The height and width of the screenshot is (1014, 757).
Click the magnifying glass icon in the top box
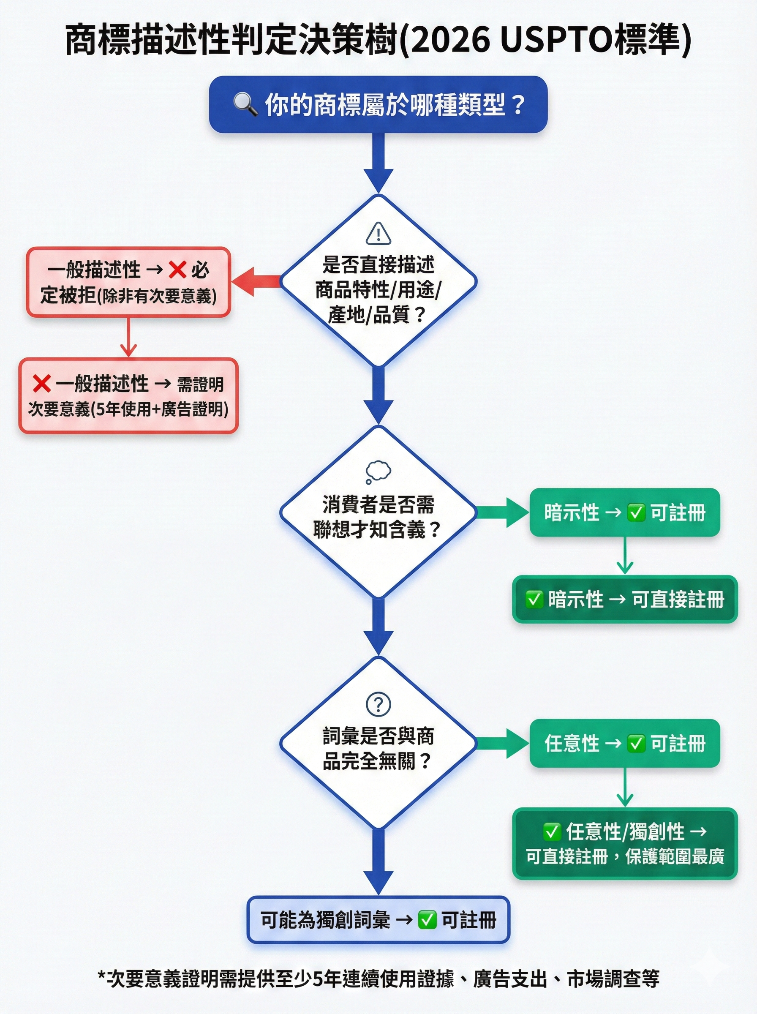tap(245, 104)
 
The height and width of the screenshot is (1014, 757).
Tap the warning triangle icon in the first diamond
tap(378, 234)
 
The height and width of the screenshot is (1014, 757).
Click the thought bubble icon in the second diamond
tap(378, 472)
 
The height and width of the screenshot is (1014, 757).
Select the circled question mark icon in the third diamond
tap(378, 704)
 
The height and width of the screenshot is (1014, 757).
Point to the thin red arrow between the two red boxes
tap(128, 337)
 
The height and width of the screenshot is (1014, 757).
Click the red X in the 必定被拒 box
tap(177, 270)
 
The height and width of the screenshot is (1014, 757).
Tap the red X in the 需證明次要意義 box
tap(42, 383)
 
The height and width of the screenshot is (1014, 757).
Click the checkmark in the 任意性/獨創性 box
tap(552, 831)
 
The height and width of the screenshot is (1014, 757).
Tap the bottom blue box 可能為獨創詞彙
tap(378, 920)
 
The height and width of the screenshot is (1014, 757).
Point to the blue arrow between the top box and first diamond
tap(378, 163)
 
